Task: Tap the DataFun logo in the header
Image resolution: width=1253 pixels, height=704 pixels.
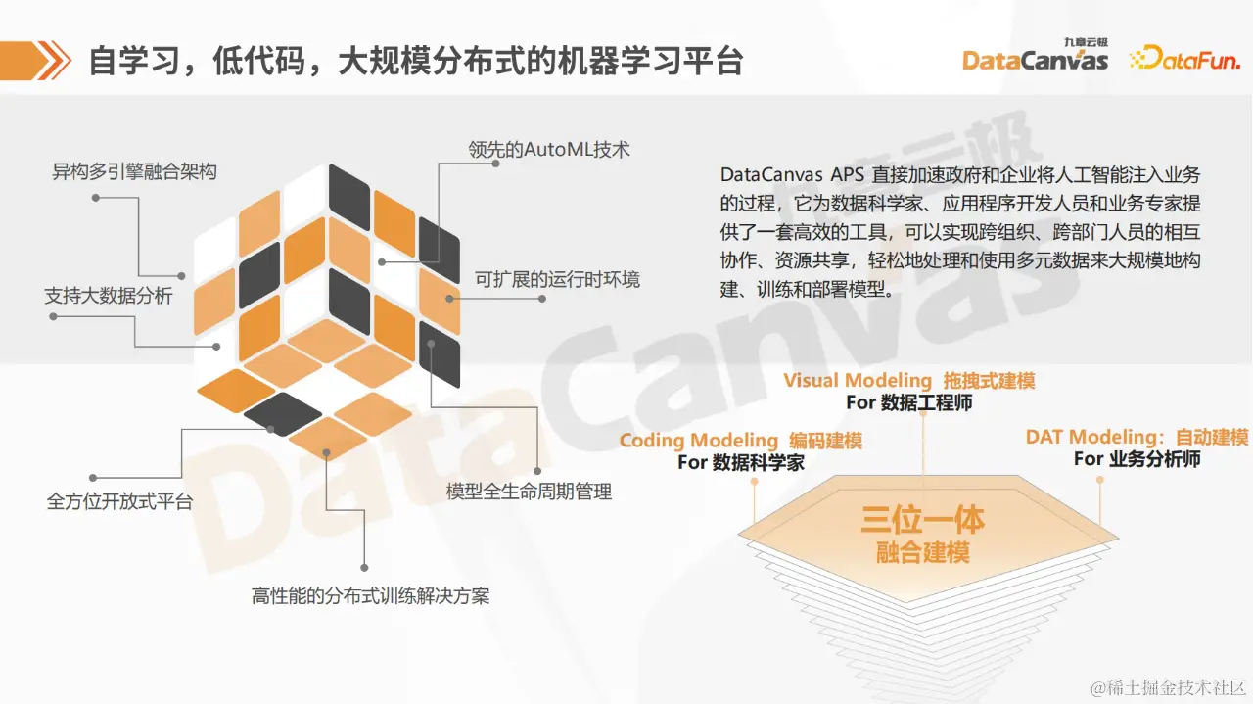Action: click(1184, 59)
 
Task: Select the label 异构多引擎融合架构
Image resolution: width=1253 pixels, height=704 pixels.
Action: click(134, 172)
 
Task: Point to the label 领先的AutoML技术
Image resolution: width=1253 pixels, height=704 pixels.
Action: click(548, 150)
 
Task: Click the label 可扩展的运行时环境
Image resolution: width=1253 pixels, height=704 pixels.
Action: click(557, 279)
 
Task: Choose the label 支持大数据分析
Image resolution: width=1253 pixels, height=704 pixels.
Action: click(109, 295)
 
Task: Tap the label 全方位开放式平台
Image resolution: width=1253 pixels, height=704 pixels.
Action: click(120, 501)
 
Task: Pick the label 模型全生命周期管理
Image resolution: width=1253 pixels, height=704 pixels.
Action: click(529, 492)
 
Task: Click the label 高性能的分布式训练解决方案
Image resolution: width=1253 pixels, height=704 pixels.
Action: click(371, 594)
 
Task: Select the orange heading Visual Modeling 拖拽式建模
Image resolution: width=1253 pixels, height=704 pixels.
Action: click(908, 381)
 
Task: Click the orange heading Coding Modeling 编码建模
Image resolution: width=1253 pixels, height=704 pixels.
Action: click(740, 441)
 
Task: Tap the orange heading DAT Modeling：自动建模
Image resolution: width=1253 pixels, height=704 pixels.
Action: click(1137, 437)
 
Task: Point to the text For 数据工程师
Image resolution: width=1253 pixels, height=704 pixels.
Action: click(908, 402)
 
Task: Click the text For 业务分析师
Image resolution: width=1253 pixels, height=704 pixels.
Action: click(1137, 458)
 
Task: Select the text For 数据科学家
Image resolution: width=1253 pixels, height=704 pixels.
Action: click(740, 462)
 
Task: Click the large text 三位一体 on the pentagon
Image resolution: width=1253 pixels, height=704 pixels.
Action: click(922, 519)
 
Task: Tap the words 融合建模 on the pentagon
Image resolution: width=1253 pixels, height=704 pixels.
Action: click(922, 553)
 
